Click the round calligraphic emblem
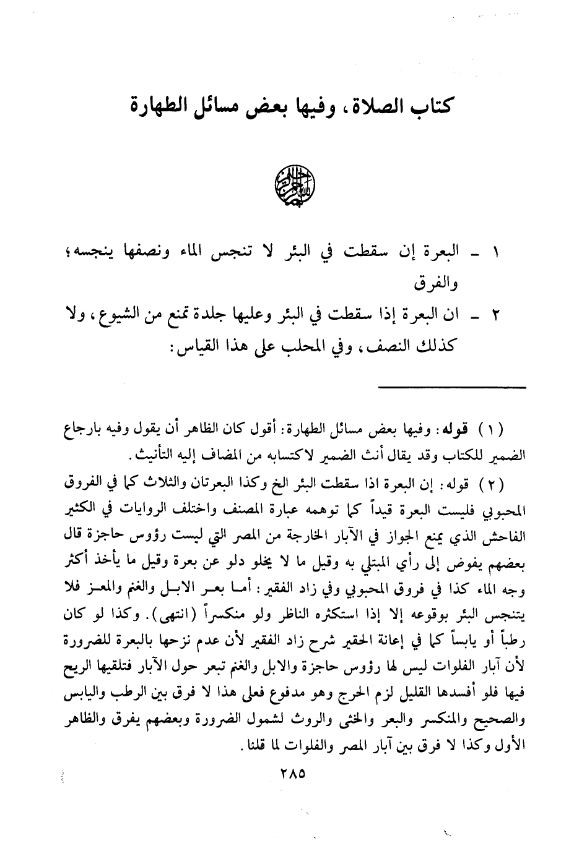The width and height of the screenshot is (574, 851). point(295,185)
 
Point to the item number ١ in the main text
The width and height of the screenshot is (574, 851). point(495,253)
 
